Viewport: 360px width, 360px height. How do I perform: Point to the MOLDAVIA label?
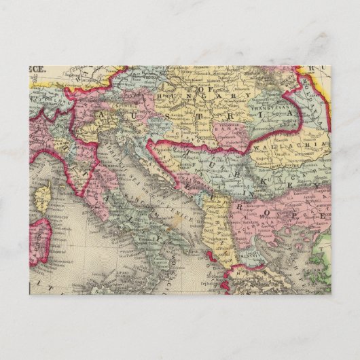pyautogui.click(x=317, y=94)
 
